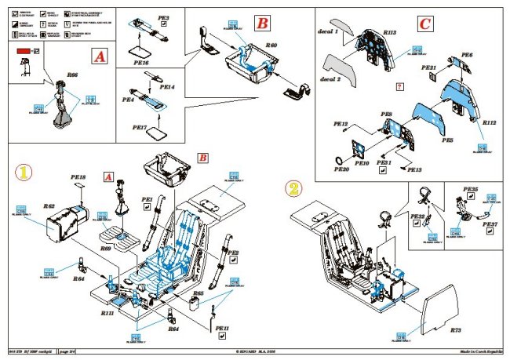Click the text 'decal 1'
pos(331,32)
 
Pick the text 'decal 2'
pos(330,79)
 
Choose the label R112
pos(488,123)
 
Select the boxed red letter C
pos(424,24)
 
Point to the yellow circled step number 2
pos(293,188)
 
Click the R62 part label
pos(48,206)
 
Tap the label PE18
pos(78,178)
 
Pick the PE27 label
pos(490,224)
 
